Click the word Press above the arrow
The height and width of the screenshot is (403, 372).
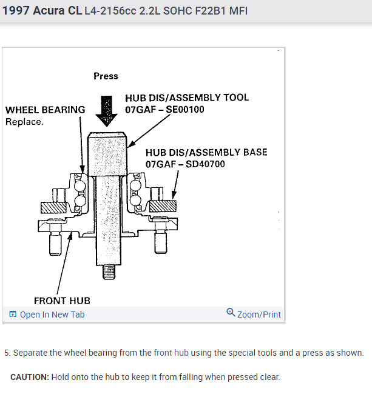coord(106,76)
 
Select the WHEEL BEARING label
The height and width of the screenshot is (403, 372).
coord(45,110)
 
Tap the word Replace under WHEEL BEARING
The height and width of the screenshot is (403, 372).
coord(24,121)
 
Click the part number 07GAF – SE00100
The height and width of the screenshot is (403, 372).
coord(164,110)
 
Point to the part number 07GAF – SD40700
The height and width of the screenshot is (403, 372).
coord(184,164)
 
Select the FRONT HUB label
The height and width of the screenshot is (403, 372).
coord(61,301)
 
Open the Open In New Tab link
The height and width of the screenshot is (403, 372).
coord(52,315)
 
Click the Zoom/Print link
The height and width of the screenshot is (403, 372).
coord(259,315)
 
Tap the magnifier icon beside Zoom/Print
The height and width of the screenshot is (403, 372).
coord(231,313)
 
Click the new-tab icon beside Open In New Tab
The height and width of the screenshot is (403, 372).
coord(13,315)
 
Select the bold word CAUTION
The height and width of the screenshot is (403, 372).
coord(29,377)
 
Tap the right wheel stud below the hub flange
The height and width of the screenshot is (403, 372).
coord(160,242)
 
